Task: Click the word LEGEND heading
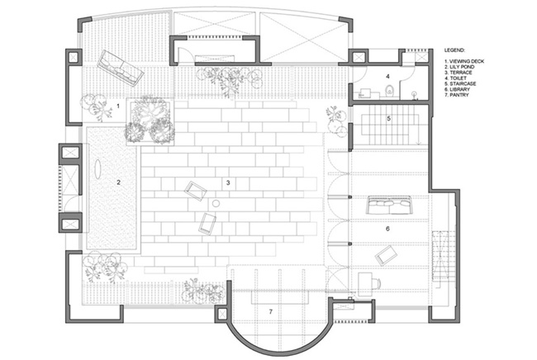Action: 454,50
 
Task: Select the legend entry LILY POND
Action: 459,67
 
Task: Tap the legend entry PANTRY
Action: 457,95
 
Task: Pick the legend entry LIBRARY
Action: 457,89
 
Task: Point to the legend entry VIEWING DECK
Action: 464,62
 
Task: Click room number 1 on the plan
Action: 118,106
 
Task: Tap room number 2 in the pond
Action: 118,182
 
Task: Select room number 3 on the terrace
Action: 228,182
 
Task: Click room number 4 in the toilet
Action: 387,76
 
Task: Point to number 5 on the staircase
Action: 389,118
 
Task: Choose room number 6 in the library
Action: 387,229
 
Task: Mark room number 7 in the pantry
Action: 271,312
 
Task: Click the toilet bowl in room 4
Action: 390,92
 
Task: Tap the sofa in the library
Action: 389,205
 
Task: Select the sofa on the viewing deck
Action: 121,68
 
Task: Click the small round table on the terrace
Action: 216,204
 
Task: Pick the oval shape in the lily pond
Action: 98,169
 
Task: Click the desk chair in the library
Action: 376,283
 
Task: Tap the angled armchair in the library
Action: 387,255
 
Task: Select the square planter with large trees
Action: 150,121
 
